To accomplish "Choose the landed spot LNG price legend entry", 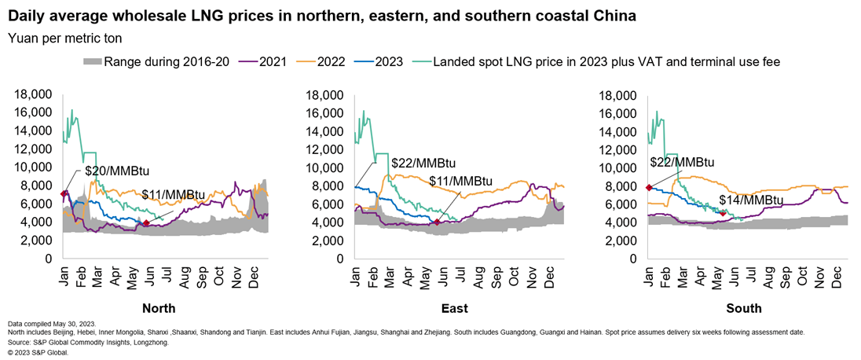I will click(x=606, y=61).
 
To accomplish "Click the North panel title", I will click(x=159, y=308).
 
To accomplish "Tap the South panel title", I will click(x=744, y=308).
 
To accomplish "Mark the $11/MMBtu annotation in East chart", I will click(x=463, y=182).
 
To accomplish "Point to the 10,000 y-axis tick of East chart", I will click(x=327, y=167).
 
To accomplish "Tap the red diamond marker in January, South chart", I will click(x=649, y=188).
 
